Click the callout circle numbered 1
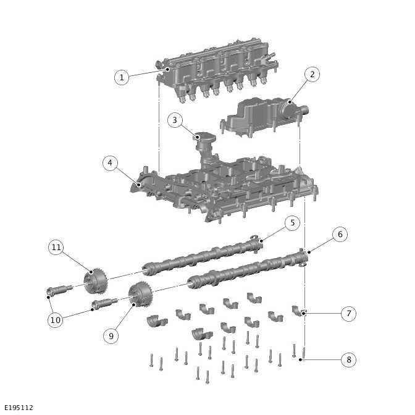(122, 77)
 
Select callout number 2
(312, 75)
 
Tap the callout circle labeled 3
(175, 120)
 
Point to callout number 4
(110, 163)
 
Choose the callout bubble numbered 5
(293, 223)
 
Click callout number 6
(339, 235)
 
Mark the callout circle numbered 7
(348, 314)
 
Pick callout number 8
(348, 359)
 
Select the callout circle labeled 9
(111, 335)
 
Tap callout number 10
(56, 320)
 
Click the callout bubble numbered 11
(56, 248)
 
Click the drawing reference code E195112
(19, 408)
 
